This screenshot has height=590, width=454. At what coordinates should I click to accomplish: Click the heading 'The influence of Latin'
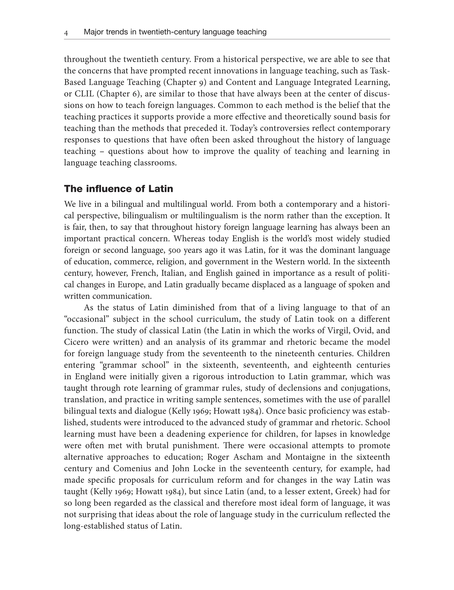point(118,189)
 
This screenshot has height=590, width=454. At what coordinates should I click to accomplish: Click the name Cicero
point(77,342)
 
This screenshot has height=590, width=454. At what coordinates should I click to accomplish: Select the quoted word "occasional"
point(86,319)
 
